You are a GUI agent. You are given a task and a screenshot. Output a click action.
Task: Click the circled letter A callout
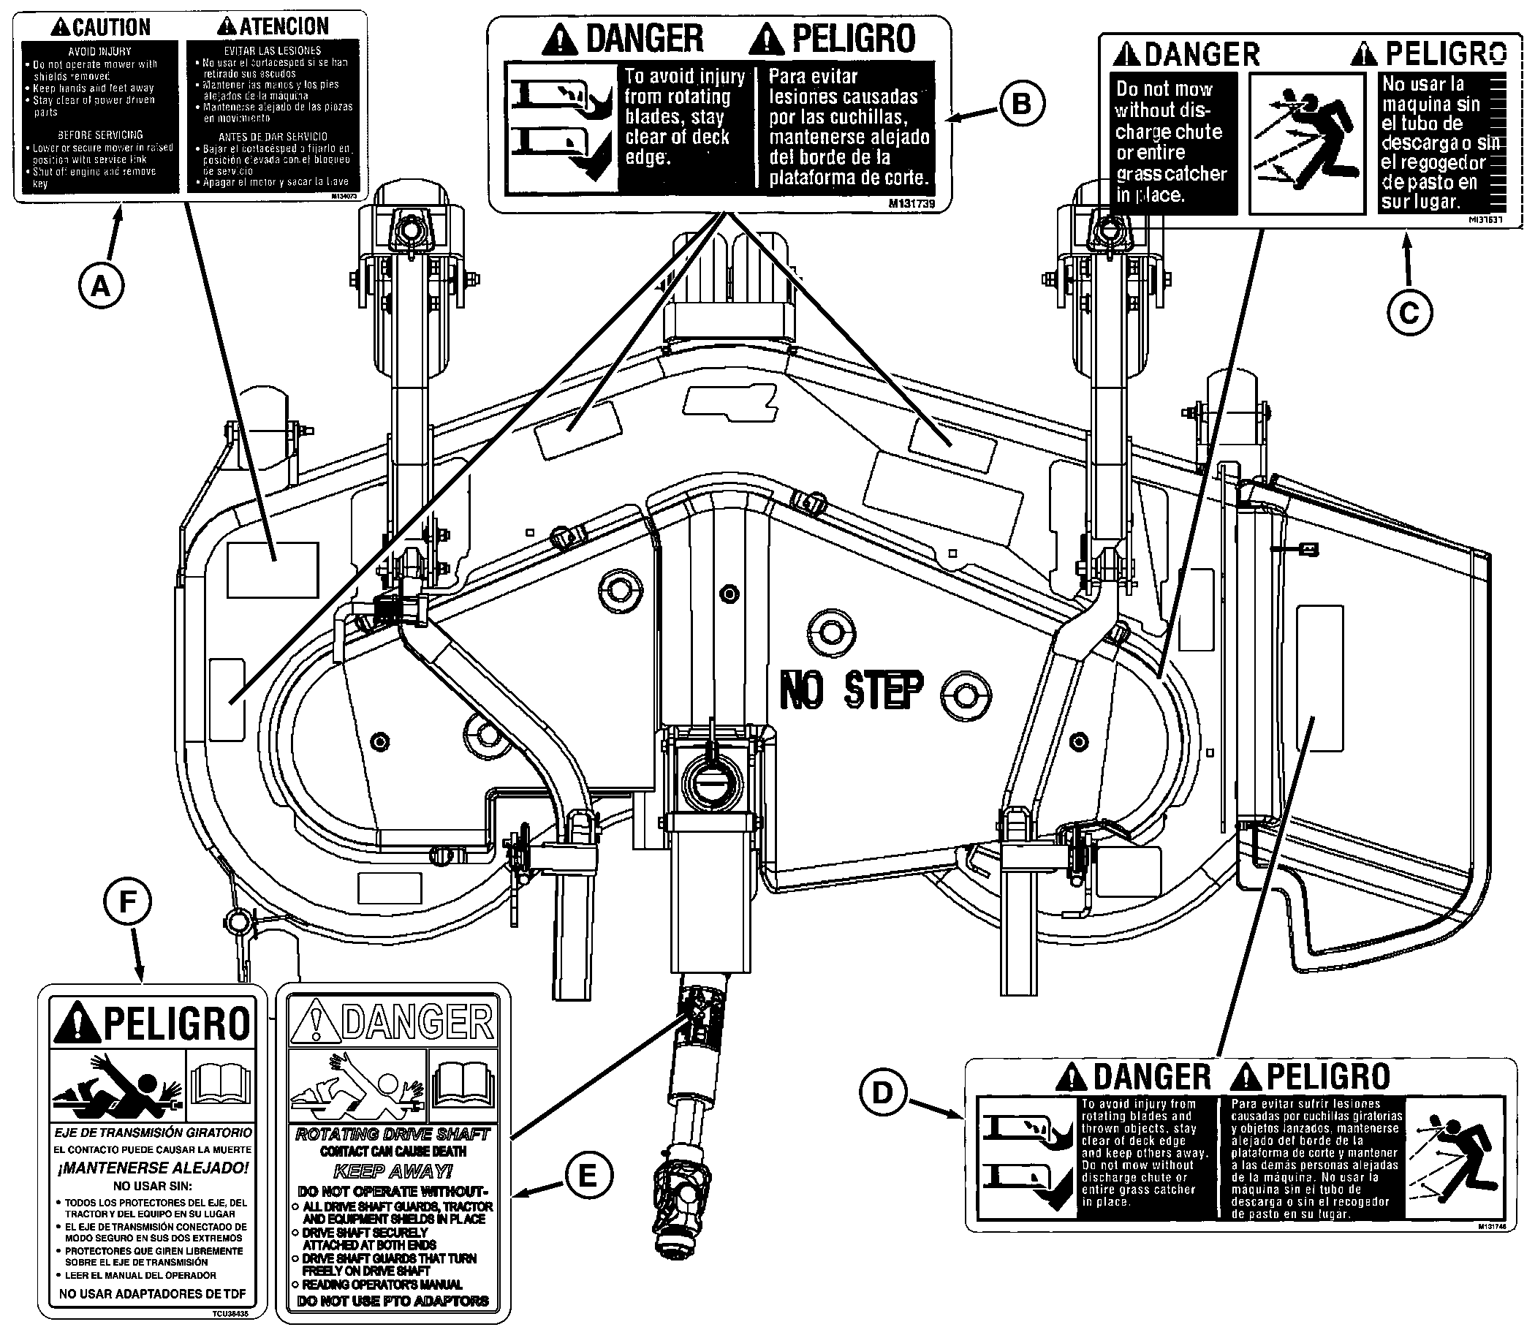pyautogui.click(x=101, y=285)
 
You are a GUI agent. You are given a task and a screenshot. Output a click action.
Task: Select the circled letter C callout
pyautogui.click(x=1409, y=313)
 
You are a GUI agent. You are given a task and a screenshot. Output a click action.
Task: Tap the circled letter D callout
pyautogui.click(x=882, y=1092)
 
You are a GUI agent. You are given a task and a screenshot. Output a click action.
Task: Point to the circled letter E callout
pyautogui.click(x=588, y=1176)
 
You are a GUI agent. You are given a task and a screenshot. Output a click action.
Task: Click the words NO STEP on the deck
pyautogui.click(x=851, y=690)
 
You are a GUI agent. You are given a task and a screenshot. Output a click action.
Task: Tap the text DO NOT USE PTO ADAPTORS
pyautogui.click(x=393, y=1301)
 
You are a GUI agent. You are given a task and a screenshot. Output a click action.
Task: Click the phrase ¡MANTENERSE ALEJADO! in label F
pyautogui.click(x=152, y=1168)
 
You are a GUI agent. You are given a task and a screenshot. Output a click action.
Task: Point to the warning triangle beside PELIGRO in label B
pyautogui.click(x=765, y=39)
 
